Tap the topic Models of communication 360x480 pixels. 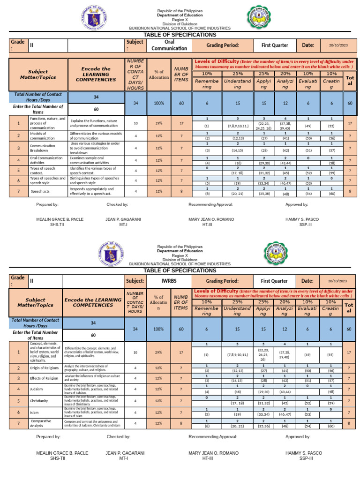pyautogui.click(x=42, y=136)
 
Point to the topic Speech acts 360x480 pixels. pyautogui.click(x=40, y=191)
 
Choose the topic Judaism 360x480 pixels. pyautogui.click(x=39, y=389)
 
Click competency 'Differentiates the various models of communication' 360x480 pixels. pyautogui.click(x=96, y=136)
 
